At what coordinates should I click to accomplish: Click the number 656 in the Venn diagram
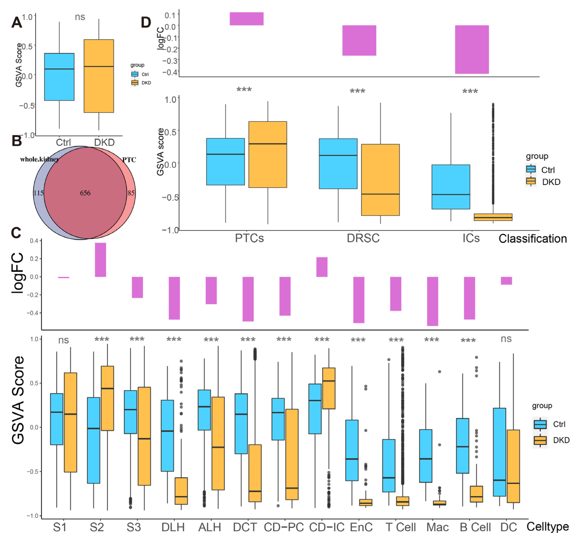click(x=85, y=193)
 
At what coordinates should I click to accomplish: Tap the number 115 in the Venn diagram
click(x=38, y=193)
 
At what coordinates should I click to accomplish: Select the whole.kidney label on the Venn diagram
click(x=39, y=159)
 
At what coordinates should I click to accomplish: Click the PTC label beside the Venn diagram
click(x=129, y=160)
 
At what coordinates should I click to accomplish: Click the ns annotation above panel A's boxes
click(x=80, y=17)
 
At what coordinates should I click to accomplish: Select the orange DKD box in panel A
click(x=99, y=76)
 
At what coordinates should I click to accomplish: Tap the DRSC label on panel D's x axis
click(x=363, y=238)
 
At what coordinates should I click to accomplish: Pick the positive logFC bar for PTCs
click(x=247, y=19)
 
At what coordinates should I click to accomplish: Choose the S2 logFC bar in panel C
click(x=100, y=260)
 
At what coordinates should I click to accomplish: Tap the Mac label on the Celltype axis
click(x=437, y=527)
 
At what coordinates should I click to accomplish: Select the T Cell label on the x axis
click(x=400, y=527)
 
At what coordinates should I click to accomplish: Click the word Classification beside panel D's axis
click(x=532, y=239)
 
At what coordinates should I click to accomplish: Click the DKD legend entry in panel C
click(x=561, y=440)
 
